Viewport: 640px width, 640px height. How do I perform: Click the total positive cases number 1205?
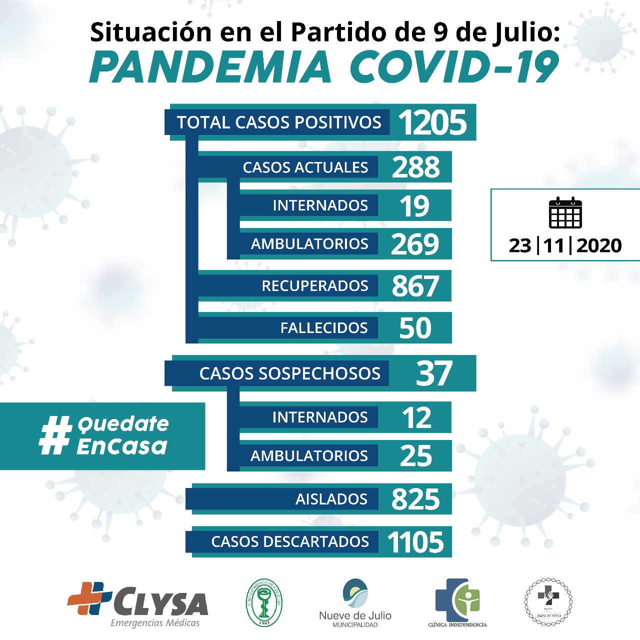432,122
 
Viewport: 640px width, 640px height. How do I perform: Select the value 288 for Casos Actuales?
415,167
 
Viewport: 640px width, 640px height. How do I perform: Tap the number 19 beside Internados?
414,205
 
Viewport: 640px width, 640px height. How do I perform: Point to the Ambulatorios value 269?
415,244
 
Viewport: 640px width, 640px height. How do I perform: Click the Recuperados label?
314,286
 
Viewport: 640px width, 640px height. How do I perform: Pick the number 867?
415,286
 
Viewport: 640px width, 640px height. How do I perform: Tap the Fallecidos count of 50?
415,328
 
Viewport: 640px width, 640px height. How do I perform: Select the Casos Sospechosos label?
289,373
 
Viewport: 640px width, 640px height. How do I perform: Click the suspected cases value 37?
433,373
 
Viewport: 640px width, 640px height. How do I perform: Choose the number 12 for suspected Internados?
416,417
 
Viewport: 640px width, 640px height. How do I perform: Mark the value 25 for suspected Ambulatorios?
415,456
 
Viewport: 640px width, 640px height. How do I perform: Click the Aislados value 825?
415,499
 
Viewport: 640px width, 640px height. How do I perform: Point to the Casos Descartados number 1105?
415,542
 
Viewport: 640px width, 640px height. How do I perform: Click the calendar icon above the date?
565,213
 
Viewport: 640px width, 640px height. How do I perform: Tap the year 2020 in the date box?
599,245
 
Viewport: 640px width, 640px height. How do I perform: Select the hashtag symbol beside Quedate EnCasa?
55,436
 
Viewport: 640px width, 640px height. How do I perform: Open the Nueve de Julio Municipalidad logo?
355,602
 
